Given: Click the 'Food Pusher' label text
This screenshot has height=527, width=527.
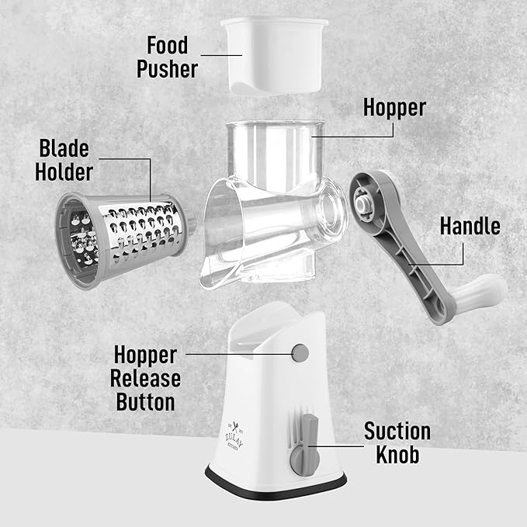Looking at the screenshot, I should click(167, 56).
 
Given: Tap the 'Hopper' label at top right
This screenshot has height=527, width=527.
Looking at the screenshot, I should click(394, 106).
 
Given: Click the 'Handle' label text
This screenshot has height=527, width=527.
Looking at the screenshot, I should click(470, 226).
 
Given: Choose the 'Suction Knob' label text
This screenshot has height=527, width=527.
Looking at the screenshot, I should click(397, 443).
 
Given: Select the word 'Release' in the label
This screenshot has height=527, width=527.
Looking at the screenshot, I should click(145, 379).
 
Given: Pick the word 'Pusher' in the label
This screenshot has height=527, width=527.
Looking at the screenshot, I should click(167, 68).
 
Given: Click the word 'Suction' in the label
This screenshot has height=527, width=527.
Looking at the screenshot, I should click(397, 432).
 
